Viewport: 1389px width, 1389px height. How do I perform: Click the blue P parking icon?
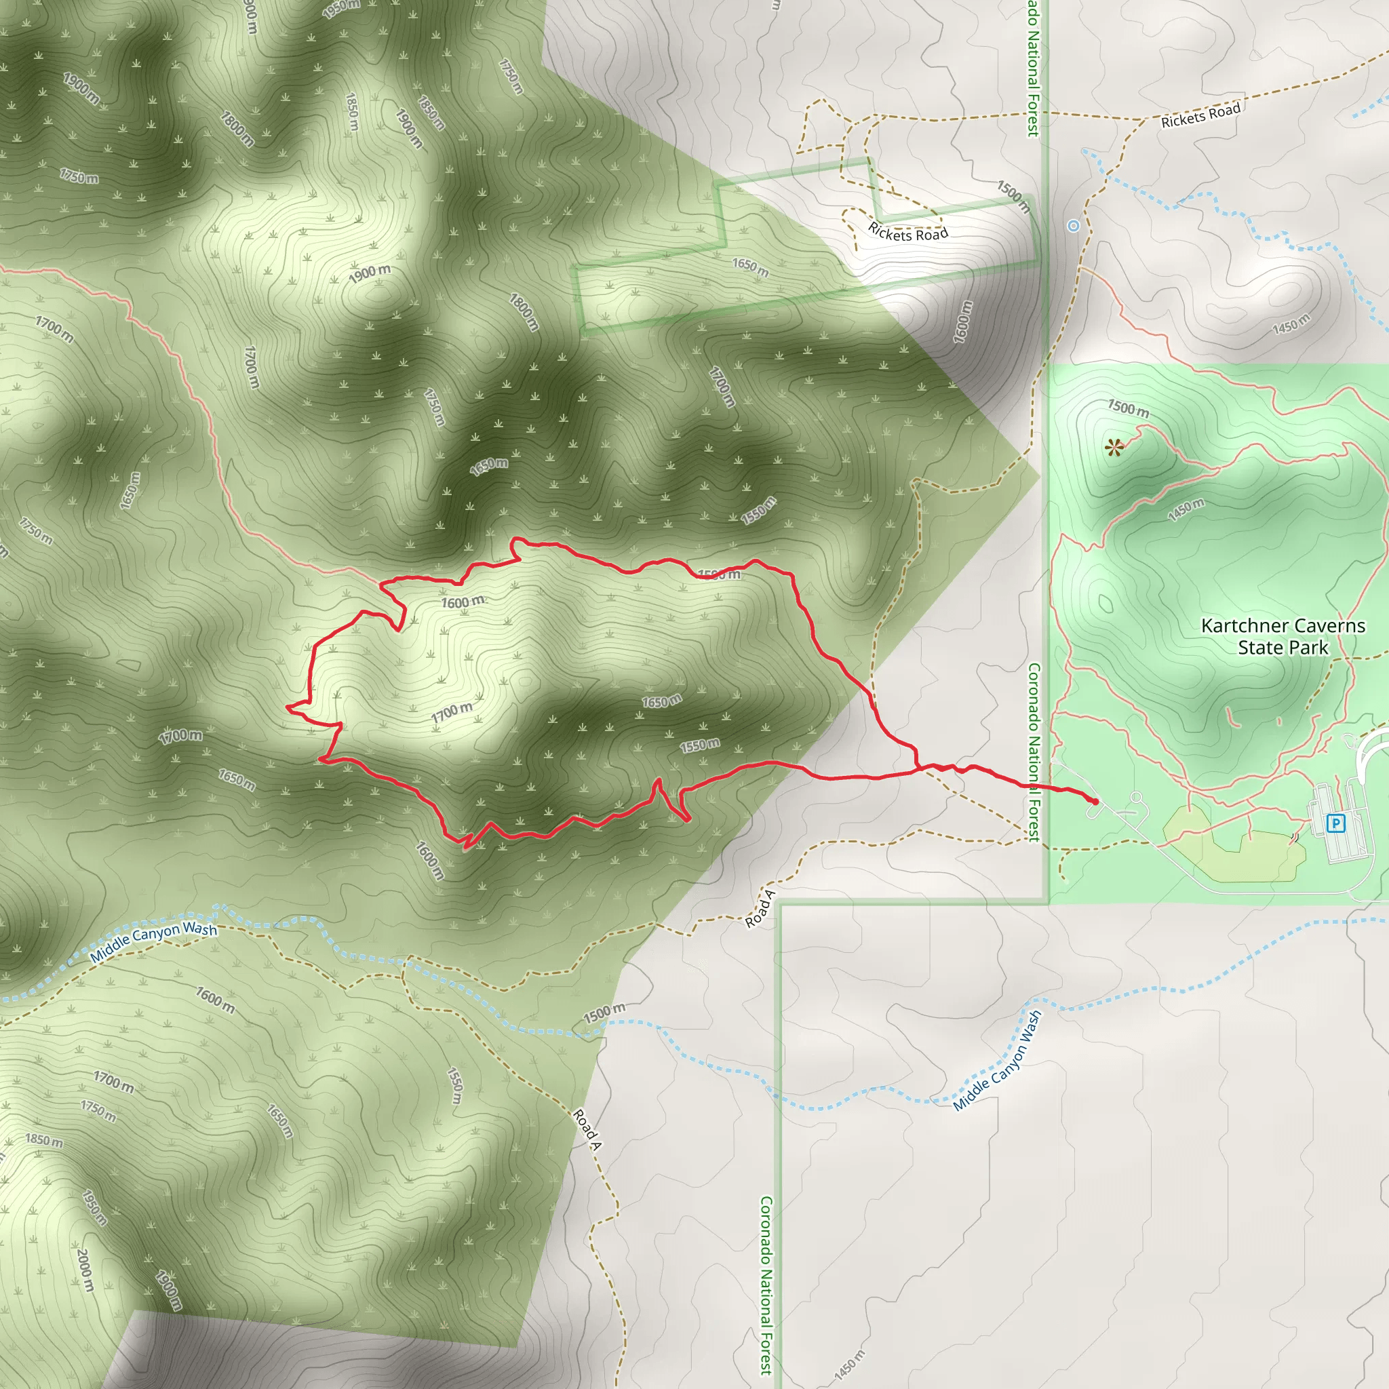1335,823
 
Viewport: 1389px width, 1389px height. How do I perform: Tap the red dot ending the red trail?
1094,801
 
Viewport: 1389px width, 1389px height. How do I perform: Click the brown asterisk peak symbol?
1114,448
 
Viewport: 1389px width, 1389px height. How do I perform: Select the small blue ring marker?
1074,226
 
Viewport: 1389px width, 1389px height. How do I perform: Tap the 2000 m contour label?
85,1269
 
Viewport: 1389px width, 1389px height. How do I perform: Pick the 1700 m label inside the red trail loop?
452,713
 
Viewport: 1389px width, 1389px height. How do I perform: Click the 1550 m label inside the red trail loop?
699,746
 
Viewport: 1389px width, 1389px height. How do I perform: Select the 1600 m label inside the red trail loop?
462,602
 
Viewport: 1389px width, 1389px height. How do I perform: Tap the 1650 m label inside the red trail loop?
661,701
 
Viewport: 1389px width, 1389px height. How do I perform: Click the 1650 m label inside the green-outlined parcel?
750,267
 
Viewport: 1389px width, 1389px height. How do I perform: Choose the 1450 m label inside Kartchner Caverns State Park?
1186,509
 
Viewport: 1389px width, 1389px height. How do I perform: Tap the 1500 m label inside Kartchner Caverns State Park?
1128,408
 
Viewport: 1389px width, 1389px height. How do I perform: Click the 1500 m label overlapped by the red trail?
719,574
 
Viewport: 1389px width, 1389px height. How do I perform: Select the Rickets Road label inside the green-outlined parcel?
908,232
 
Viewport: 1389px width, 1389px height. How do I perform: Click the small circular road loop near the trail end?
1136,798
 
